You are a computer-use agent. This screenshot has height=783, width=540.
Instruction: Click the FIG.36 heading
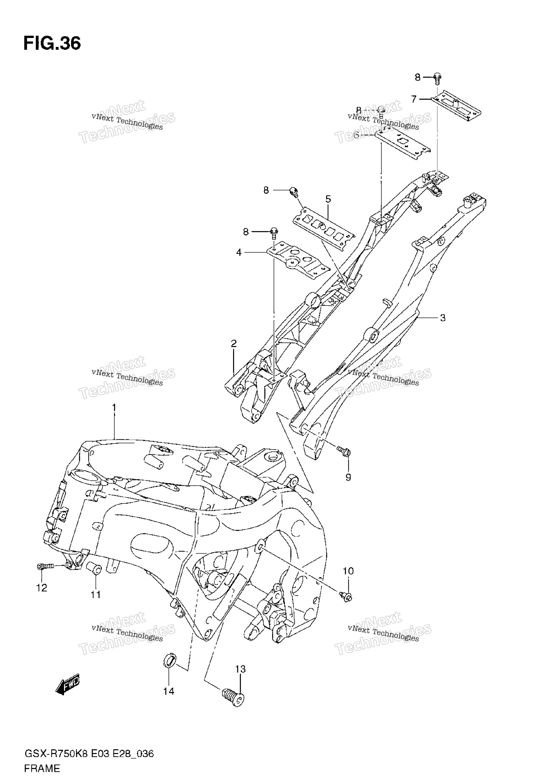tap(52, 44)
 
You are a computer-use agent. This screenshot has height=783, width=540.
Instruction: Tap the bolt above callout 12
tap(45, 566)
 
